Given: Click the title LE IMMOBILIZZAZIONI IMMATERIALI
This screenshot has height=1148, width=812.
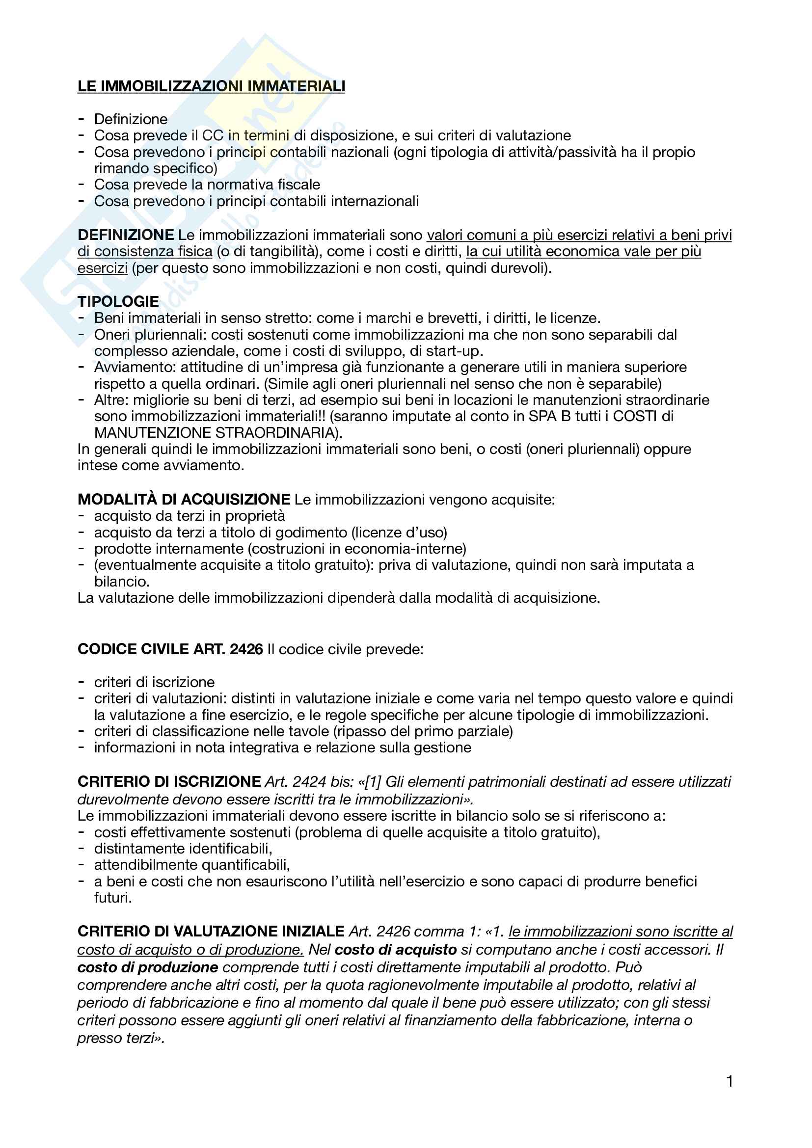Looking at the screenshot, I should tap(211, 86).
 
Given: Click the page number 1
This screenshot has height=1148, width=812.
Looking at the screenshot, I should tap(730, 1082).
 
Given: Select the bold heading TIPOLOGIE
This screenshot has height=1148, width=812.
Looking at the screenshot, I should tap(118, 301).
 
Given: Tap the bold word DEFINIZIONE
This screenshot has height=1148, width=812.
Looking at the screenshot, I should tap(126, 235).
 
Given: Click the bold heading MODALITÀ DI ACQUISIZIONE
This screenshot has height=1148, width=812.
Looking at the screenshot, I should tap(184, 499).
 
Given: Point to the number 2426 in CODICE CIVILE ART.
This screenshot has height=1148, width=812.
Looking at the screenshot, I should tap(246, 649).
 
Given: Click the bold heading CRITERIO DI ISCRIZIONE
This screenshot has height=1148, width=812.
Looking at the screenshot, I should tap(169, 781).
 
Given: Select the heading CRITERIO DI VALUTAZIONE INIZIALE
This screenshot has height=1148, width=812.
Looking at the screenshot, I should tap(211, 932).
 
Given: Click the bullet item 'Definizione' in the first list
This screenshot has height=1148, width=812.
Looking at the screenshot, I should tap(131, 119).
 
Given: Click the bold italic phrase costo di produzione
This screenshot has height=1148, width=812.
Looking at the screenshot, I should tap(147, 967).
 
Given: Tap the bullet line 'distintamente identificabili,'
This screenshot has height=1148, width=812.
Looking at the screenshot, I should tap(183, 849).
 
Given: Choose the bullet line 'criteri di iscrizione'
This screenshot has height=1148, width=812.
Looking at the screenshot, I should tap(154, 682).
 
